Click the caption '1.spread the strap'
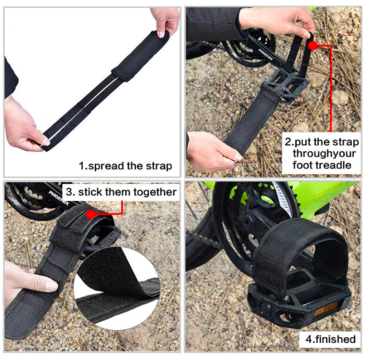125,166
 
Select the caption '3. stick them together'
121,192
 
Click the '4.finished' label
330,339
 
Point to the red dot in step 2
313,45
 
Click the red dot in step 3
90,214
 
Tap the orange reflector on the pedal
326,308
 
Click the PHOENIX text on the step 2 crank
265,55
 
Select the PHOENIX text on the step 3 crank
59,198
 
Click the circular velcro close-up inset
117,288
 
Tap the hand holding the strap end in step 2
212,152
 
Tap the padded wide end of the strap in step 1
140,56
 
